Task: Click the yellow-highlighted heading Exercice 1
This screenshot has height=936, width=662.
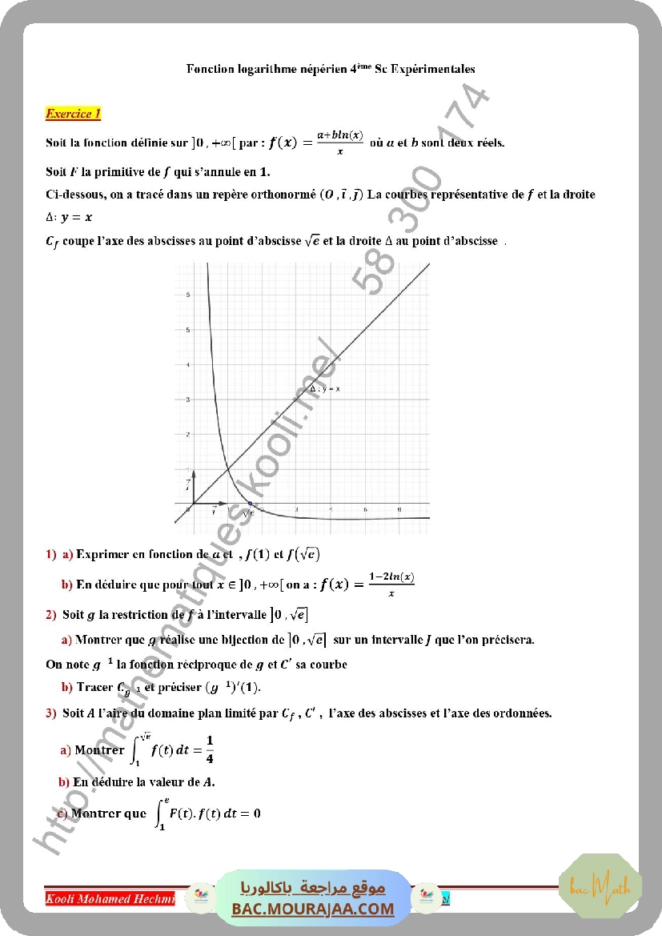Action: (73, 114)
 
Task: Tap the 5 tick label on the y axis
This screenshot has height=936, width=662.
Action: (188, 330)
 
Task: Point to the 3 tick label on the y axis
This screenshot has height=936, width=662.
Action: (188, 400)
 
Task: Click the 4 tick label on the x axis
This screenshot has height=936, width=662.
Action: (331, 510)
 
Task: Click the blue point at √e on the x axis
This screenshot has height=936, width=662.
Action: (250, 504)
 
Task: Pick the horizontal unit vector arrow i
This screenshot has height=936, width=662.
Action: (207, 504)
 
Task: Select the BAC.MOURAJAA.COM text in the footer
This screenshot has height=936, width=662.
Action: (313, 909)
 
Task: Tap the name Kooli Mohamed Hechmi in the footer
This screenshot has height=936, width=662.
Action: (110, 898)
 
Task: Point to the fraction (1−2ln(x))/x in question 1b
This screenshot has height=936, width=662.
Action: (391, 584)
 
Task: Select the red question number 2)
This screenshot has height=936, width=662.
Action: (50, 614)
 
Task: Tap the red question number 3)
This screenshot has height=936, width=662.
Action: (50, 713)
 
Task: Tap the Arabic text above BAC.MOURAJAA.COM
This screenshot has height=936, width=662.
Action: (313, 888)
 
